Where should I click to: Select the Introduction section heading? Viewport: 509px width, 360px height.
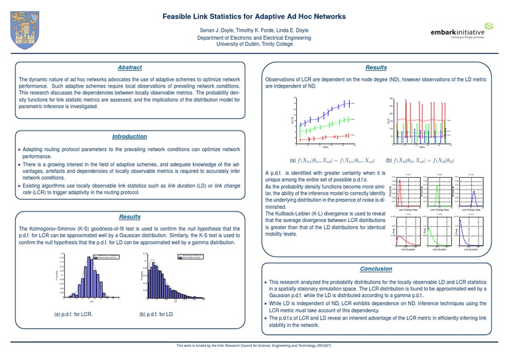[129, 136]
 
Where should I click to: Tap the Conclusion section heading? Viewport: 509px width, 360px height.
[376, 269]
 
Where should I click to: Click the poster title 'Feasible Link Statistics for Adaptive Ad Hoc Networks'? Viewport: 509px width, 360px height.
[254, 15]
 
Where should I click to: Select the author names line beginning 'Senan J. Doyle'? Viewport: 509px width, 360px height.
[254, 31]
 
